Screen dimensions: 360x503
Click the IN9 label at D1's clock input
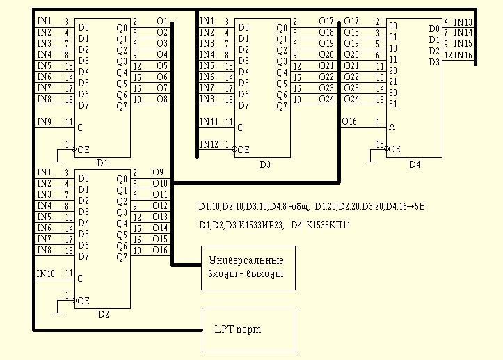pos(44,122)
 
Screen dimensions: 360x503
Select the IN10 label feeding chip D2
pos(45,273)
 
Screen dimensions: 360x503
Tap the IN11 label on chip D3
pos(208,122)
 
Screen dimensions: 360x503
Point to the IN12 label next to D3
pos(208,144)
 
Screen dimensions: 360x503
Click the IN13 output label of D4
pos(463,22)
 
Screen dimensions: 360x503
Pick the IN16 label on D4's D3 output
pos(463,54)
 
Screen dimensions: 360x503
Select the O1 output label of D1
pos(162,22)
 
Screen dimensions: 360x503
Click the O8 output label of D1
pos(162,100)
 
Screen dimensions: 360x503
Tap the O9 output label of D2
pos(157,172)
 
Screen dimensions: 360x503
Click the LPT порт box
pos(248,329)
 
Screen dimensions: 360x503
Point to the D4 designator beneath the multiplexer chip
pos(415,164)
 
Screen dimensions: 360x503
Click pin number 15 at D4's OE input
pos(380,144)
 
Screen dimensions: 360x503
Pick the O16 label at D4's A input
pos(350,122)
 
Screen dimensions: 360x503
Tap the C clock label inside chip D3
pos(241,127)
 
